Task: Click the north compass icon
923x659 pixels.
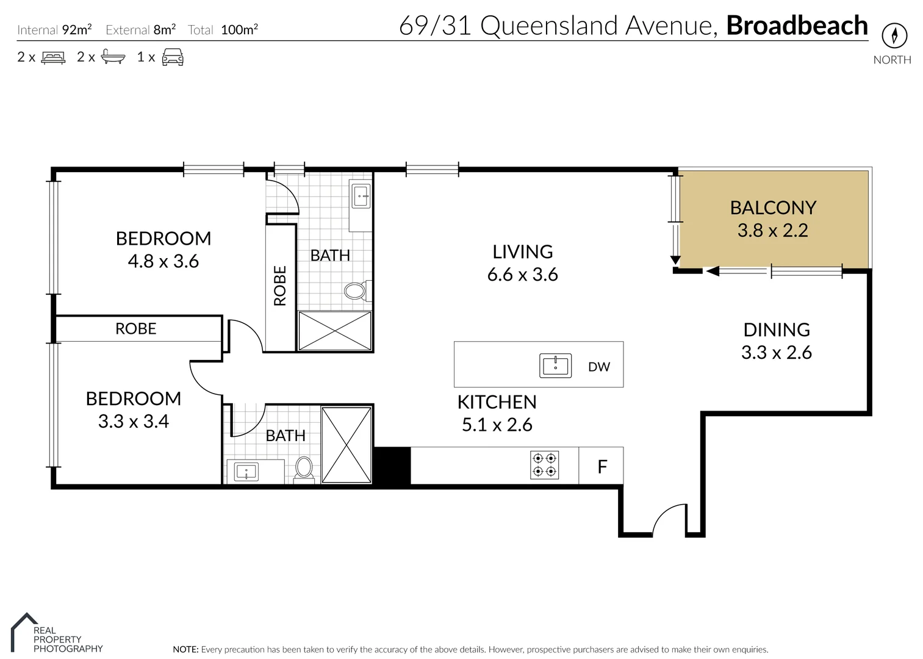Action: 894,36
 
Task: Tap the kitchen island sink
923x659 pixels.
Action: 555,366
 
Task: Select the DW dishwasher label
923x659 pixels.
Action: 598,367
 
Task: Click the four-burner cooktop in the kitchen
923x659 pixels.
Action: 545,464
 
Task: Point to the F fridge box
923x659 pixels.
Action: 602,467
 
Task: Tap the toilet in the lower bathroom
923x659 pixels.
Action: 304,469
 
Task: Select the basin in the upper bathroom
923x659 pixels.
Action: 361,196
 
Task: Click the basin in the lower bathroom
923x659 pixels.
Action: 246,471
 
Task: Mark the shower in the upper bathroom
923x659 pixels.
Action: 335,331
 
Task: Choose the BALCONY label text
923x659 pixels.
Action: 772,207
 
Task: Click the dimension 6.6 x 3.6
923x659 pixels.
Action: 522,275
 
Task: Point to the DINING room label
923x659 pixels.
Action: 776,329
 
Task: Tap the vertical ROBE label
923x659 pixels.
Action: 280,286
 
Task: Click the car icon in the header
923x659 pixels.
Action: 173,57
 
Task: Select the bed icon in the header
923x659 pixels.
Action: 53,57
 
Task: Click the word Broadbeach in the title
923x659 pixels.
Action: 797,26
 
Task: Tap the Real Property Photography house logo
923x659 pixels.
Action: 23,631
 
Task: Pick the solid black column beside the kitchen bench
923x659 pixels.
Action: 392,466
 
